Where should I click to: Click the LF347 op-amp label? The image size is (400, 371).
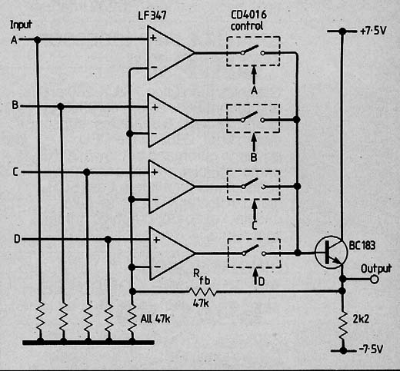(152, 15)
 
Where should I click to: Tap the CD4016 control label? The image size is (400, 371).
(248, 20)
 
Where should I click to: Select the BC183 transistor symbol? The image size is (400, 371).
(332, 252)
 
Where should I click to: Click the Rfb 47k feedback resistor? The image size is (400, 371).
(202, 291)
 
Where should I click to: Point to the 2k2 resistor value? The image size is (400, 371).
(361, 319)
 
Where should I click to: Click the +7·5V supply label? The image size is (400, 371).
(373, 31)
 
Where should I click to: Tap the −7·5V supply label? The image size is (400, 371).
(371, 349)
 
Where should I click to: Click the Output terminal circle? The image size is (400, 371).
(375, 279)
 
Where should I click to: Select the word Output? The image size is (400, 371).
(376, 269)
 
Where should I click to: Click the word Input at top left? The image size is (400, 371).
(21, 25)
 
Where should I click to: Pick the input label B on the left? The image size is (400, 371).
(15, 105)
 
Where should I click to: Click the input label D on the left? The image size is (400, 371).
(17, 239)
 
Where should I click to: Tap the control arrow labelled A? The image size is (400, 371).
(254, 75)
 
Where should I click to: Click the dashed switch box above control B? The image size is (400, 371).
(253, 118)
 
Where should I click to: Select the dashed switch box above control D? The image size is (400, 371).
(254, 253)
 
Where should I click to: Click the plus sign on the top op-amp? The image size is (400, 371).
(153, 38)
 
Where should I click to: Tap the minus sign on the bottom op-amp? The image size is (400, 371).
(157, 267)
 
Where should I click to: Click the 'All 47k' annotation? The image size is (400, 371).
(155, 319)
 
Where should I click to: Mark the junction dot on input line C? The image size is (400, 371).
(87, 172)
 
